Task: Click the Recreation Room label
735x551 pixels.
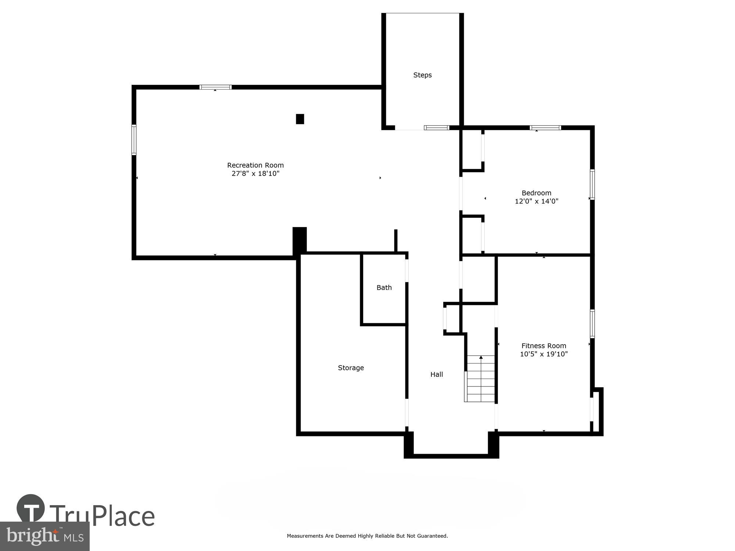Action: click(255, 165)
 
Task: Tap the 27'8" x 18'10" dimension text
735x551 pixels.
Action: click(255, 173)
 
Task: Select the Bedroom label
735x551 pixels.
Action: click(536, 193)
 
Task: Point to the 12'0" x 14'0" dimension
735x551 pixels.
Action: click(536, 201)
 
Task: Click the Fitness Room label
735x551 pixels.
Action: click(544, 346)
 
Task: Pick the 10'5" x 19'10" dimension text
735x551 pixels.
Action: click(544, 354)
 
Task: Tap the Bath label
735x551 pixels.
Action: click(384, 288)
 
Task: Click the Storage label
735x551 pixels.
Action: click(351, 368)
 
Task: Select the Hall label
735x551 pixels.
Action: click(437, 374)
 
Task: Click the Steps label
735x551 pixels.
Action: click(422, 75)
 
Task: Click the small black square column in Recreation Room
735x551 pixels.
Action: click(300, 119)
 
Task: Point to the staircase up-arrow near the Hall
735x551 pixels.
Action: click(481, 357)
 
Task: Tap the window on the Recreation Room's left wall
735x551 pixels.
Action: click(134, 140)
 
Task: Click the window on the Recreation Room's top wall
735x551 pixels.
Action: click(215, 87)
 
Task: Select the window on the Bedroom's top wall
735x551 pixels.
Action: click(545, 128)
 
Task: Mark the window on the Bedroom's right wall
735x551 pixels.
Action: click(592, 184)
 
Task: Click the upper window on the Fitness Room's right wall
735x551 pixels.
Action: click(592, 324)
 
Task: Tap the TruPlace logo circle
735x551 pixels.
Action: click(31, 508)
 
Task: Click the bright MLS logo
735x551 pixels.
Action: click(44, 536)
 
